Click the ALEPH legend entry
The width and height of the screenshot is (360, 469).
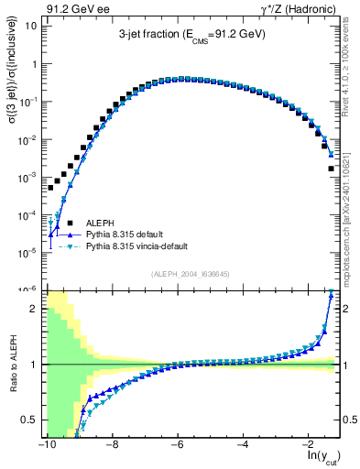click(100, 223)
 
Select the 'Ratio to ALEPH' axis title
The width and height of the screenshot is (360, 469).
click(12, 365)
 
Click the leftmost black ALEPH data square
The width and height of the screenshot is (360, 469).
click(51, 187)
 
